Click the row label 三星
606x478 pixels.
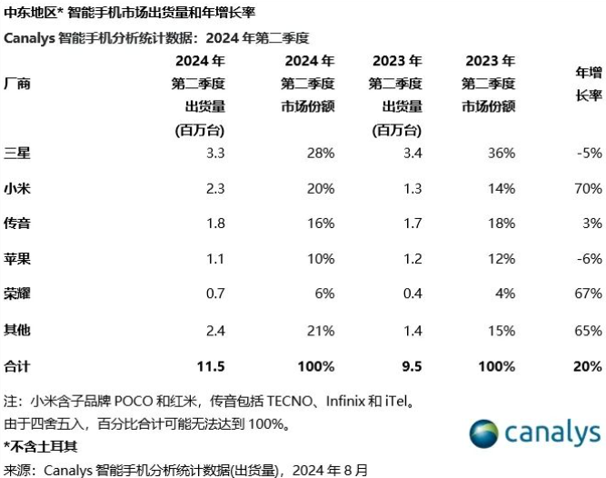(17, 152)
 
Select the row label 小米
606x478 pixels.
(17, 188)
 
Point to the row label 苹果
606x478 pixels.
(17, 259)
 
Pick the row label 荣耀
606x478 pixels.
(17, 294)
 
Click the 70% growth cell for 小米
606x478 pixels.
(588, 188)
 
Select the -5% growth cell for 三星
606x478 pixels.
(589, 152)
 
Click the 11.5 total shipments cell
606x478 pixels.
(211, 366)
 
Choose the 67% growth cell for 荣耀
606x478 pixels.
(588, 294)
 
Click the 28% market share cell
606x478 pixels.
(321, 152)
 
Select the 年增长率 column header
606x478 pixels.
(589, 83)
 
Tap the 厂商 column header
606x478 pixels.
(17, 84)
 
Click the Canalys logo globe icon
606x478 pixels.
(486, 433)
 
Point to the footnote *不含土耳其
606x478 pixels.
(40, 446)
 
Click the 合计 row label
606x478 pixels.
(17, 366)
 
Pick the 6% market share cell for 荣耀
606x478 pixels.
(324, 294)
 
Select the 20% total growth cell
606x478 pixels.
(587, 366)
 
